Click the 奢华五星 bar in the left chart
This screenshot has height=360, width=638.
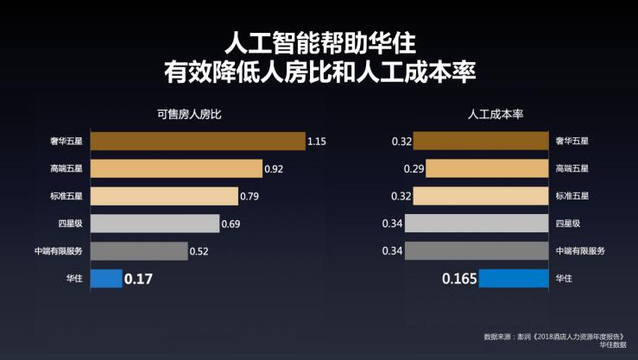point(198,142)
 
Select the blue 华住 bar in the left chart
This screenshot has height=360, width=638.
point(106,279)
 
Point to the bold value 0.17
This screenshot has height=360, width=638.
point(138,279)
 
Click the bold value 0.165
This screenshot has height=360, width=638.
point(458,279)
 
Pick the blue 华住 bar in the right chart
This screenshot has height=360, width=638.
point(514,279)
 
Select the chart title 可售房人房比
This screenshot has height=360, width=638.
point(189,113)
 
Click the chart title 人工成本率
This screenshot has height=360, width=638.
point(496,113)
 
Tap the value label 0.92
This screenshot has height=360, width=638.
point(273,169)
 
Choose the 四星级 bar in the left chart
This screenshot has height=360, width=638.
point(155,224)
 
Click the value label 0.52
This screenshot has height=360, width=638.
point(199,251)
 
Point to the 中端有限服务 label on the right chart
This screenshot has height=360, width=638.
point(580,251)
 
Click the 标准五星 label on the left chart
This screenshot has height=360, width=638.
point(66,196)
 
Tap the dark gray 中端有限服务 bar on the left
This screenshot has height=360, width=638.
point(139,251)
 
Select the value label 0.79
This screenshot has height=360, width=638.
point(249,197)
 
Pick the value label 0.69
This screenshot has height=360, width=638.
point(231,224)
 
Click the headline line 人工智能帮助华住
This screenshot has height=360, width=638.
point(319,41)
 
